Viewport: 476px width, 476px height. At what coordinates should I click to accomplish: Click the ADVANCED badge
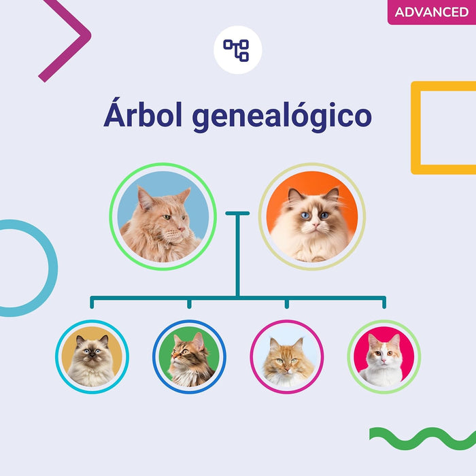coord(432,12)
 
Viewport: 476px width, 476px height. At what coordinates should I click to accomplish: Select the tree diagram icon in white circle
coord(237,49)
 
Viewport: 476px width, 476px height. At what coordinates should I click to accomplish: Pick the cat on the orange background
coord(311,216)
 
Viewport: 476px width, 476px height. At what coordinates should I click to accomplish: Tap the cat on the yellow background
coord(92,357)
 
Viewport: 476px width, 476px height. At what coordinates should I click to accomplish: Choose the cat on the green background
coord(189,357)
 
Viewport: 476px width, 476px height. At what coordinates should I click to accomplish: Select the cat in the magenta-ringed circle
coord(286,357)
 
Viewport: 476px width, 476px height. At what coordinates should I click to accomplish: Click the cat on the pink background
coord(384,357)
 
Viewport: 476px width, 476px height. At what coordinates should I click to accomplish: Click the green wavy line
coord(422,437)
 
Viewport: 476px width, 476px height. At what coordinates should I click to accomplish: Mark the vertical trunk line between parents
coord(237,255)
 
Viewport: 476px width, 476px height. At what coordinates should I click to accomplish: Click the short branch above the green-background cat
coord(189,303)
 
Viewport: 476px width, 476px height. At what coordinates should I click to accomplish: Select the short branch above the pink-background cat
coord(384,303)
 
